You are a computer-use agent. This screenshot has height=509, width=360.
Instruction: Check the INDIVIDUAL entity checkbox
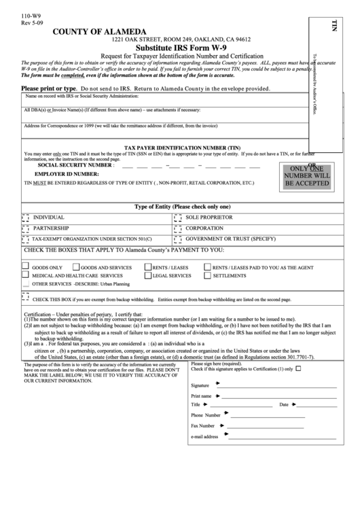click(26, 217)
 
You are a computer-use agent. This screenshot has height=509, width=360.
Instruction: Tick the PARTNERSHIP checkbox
click(26, 228)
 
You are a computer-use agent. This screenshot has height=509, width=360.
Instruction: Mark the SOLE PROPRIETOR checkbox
click(177, 217)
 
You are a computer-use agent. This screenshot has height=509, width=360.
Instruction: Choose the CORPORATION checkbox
click(177, 228)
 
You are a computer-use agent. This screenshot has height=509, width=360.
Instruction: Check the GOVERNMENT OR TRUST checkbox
click(177, 239)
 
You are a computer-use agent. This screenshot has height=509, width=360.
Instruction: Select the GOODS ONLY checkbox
click(26, 267)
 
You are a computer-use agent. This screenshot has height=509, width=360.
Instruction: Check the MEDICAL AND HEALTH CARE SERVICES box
click(26, 276)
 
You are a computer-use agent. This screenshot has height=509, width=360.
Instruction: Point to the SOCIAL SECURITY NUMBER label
click(75, 165)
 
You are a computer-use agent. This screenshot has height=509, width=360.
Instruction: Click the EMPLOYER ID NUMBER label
click(68, 174)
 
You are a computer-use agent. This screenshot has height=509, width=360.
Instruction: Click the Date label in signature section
click(284, 404)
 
